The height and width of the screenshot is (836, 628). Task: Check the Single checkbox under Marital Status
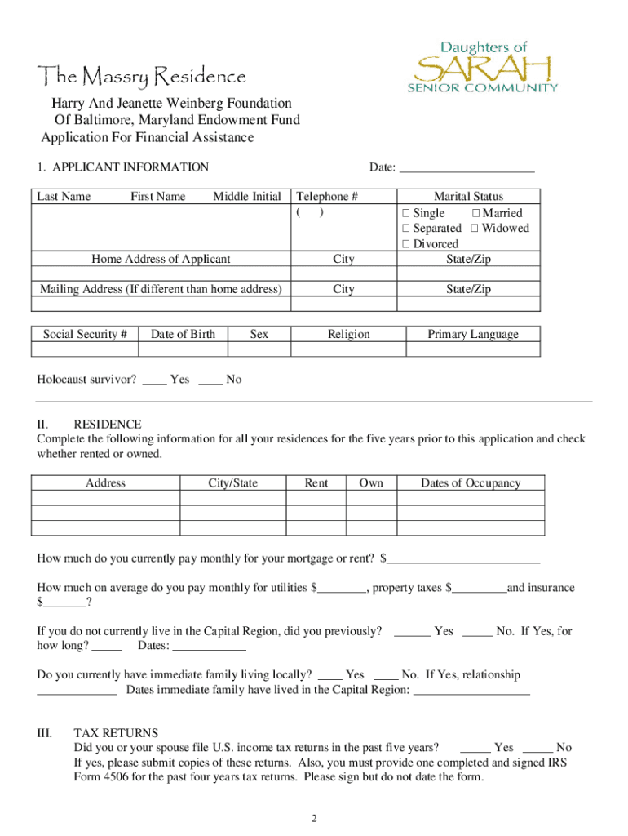coord(405,213)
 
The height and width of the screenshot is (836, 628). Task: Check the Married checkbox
coord(475,213)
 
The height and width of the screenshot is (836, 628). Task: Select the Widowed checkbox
coord(475,229)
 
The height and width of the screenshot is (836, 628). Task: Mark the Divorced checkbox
coord(405,244)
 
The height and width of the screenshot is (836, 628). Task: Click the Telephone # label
coord(327,197)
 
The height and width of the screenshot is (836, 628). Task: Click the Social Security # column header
coord(85,334)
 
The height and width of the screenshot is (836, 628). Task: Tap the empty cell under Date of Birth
coord(183,349)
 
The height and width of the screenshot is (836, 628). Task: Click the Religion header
coord(348,334)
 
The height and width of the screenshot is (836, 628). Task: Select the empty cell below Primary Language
coord(472,349)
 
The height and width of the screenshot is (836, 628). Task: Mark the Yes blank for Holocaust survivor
coord(154,380)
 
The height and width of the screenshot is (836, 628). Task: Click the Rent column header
coord(316,483)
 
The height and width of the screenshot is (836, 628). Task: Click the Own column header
coord(371,483)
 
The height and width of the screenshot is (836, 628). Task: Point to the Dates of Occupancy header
coord(470,483)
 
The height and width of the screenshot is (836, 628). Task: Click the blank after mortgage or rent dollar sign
coord(465,558)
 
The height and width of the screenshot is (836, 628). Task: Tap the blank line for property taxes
coord(479,588)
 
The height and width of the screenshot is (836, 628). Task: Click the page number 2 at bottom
coord(313,818)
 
